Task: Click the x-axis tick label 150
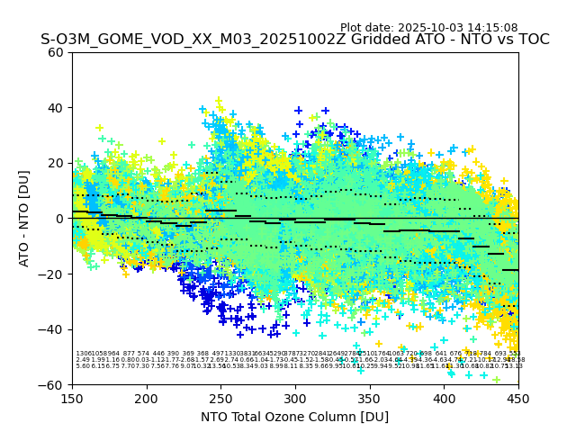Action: (72, 397)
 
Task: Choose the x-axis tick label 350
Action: (370, 397)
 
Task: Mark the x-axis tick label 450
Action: (518, 397)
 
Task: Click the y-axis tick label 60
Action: (56, 52)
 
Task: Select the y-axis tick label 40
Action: (56, 108)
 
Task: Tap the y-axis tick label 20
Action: (56, 163)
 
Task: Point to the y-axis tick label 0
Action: (59, 219)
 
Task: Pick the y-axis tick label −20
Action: (52, 274)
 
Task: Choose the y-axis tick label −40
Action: (52, 329)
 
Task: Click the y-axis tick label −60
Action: (52, 384)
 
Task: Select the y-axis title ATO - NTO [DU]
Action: (24, 219)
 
